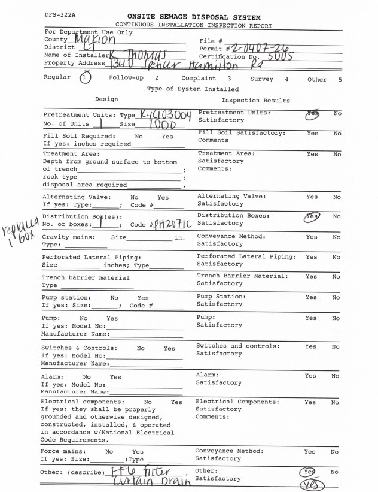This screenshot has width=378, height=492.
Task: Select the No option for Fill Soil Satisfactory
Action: point(337,133)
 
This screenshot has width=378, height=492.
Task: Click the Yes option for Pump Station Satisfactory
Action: point(311,297)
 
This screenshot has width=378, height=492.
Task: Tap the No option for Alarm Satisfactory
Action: point(337,376)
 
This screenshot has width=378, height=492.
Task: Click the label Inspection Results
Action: point(255,101)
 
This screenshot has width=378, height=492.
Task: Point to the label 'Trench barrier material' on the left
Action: point(86,277)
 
